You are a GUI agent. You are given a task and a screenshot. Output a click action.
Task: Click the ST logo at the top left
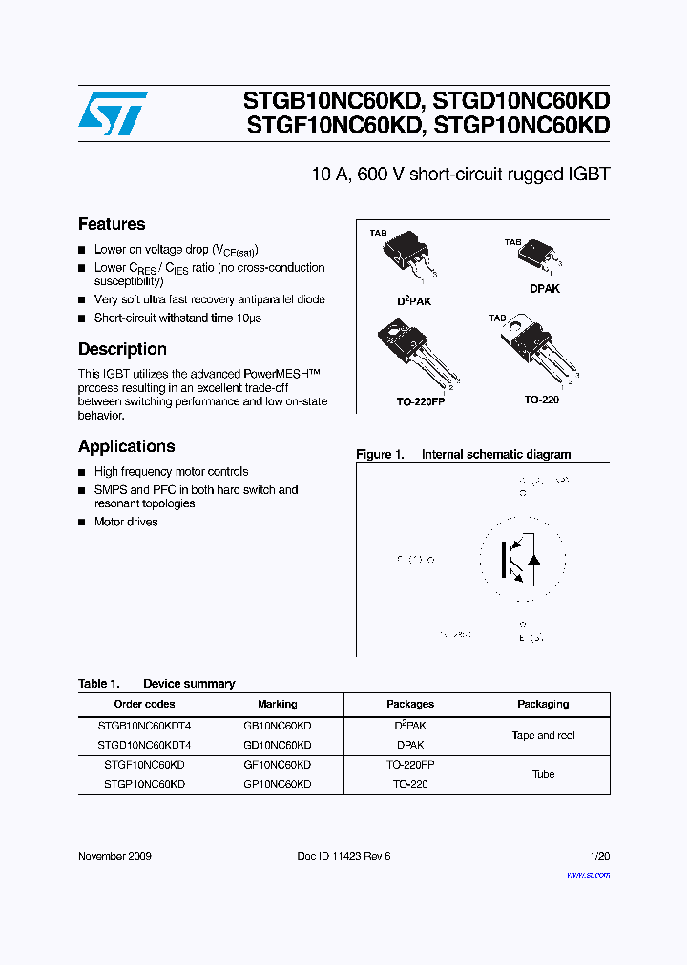coord(113,113)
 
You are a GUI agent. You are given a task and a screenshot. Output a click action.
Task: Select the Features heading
coord(112,224)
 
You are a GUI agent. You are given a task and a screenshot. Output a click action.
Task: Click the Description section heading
coord(122,349)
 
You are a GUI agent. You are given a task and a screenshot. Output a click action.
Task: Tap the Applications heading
coord(127,446)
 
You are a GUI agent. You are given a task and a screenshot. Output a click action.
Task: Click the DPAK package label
coord(545,288)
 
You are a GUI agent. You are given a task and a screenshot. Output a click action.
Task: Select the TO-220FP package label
coord(421,401)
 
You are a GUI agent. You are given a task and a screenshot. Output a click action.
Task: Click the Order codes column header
coord(144,704)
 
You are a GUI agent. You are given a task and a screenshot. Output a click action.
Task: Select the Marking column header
coord(278,704)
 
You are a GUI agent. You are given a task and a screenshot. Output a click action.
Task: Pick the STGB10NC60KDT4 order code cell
coord(144,726)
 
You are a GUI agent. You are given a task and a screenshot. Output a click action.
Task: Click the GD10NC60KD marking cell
coord(278,745)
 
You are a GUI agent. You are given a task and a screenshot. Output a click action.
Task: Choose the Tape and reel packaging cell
coord(543,735)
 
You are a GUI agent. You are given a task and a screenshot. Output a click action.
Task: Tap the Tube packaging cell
coord(543,774)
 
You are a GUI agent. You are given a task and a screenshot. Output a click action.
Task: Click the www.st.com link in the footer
coord(588,874)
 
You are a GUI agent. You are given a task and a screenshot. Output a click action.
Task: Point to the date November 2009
coord(114,856)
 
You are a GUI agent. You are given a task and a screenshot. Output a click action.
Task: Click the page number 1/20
coord(599,856)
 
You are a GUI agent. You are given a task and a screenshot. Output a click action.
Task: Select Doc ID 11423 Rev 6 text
coord(343,856)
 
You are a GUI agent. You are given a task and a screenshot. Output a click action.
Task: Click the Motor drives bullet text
coord(126,522)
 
